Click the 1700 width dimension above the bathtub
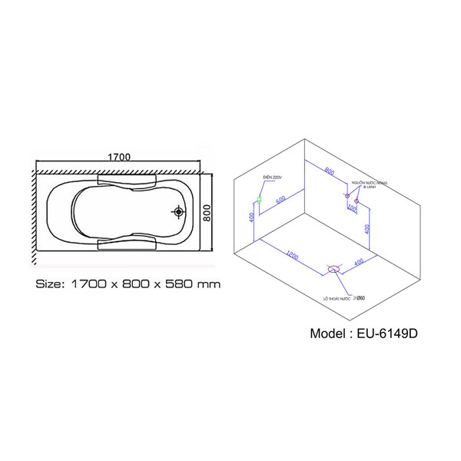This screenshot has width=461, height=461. (119, 157)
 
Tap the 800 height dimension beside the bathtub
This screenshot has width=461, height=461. (207, 212)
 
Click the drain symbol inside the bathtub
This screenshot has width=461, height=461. (179, 211)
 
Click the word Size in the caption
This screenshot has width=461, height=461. (51, 284)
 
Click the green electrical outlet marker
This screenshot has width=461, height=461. (261, 199)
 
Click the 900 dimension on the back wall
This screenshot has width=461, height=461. (328, 171)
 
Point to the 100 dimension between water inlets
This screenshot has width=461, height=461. (351, 207)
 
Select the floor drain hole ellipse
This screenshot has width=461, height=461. (334, 270)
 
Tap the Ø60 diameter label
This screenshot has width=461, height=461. (359, 297)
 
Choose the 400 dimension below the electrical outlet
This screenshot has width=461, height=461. (251, 219)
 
